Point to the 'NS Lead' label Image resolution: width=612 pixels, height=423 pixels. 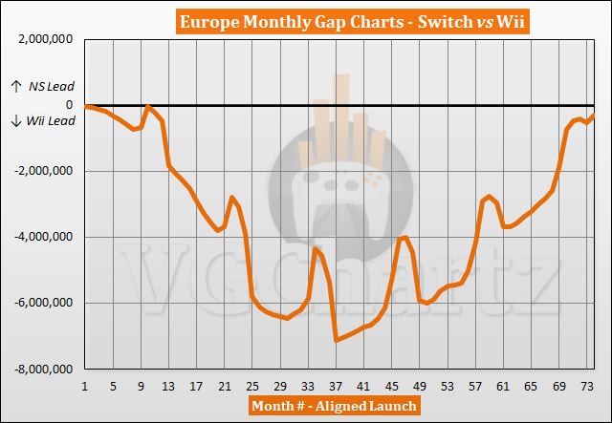tap(42, 87)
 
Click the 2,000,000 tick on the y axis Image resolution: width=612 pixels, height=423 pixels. tap(44, 39)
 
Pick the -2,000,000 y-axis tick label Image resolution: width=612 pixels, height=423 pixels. tap(42, 171)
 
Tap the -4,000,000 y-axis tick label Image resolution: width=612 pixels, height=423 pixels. tap(42, 237)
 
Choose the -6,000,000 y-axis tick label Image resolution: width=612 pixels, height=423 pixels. tap(42, 303)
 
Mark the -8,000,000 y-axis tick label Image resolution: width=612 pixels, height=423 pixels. tap(42, 369)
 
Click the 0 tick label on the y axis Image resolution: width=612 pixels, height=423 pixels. tap(70, 105)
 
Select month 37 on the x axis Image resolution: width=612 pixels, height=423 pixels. tap(336, 387)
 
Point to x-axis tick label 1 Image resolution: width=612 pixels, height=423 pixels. tap(85, 387)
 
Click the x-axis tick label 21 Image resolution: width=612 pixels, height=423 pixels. tap(224, 387)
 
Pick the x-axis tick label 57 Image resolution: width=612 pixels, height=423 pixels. tap(475, 387)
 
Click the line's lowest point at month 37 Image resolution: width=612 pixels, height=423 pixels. tap(336, 340)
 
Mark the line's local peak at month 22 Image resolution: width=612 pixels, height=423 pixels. tap(231, 198)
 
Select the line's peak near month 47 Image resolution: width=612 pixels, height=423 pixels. tap(406, 237)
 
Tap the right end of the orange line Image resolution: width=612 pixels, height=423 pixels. tap(594, 116)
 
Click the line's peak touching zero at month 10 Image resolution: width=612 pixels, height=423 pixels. tap(148, 107)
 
